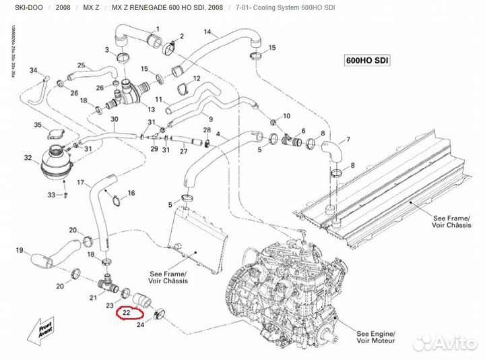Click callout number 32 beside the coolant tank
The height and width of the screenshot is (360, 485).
pyautogui.click(x=28, y=158)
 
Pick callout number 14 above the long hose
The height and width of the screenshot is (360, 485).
pyautogui.click(x=207, y=32)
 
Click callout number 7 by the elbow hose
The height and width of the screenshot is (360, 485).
pyautogui.click(x=348, y=140)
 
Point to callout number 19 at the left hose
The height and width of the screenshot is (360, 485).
pyautogui.click(x=19, y=249)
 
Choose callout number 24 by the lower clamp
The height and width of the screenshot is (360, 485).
pyautogui.click(x=140, y=326)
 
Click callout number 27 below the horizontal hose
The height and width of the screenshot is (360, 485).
pyautogui.click(x=183, y=151)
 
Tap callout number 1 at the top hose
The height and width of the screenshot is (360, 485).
pyautogui.click(x=158, y=28)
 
